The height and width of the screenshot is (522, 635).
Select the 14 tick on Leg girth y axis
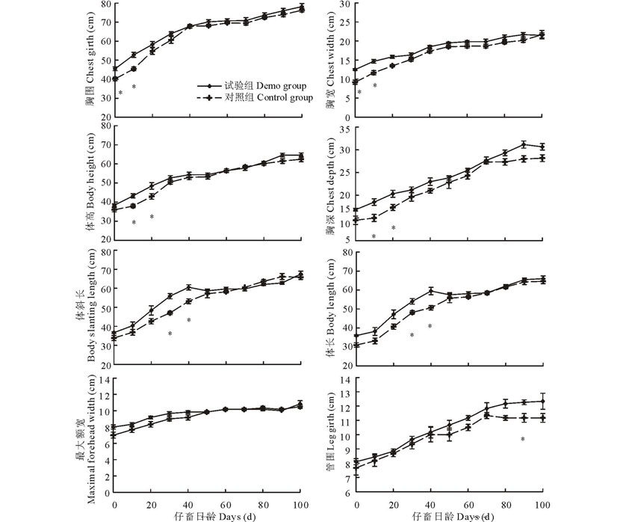[346, 379]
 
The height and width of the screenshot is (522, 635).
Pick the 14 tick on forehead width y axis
[104, 379]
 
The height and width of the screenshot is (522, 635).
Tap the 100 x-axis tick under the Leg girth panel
[542, 504]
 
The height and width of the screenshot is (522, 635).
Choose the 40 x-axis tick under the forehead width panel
[188, 504]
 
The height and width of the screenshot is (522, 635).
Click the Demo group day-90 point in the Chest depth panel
[524, 144]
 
